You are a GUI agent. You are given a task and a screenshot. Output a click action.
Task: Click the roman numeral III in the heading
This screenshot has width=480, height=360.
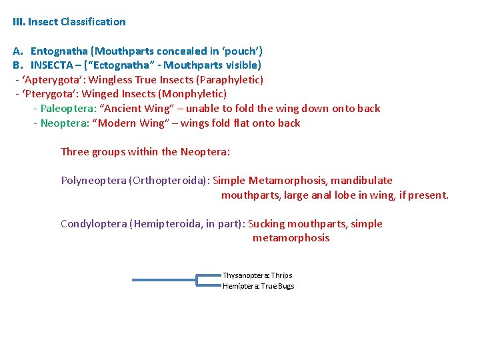pos(19,22)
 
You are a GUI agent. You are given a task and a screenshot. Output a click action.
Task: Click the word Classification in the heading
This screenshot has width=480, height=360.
pos(93,22)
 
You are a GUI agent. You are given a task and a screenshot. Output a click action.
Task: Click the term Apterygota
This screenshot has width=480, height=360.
pos(47,80)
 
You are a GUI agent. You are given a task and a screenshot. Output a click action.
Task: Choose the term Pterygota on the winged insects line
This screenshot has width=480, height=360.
pos(45,94)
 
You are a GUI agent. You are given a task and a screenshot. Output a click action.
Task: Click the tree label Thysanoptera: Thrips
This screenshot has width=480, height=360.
pos(257,275)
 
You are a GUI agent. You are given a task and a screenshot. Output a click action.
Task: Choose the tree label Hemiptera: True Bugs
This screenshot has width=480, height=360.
pos(258,286)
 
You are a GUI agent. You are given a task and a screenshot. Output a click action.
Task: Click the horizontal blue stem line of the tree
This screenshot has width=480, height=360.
pos(163,280)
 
